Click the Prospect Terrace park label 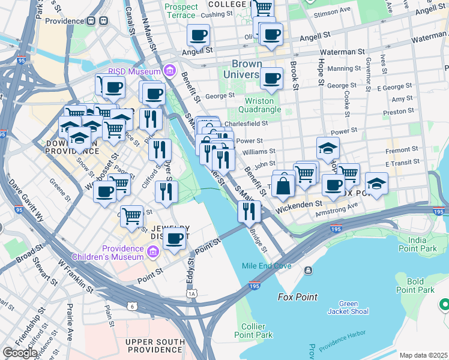(x=181, y=11)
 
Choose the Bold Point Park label (x=415, y=286)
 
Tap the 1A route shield (x=191, y=293)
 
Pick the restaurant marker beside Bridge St (x=249, y=212)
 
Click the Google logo (x=20, y=353)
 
